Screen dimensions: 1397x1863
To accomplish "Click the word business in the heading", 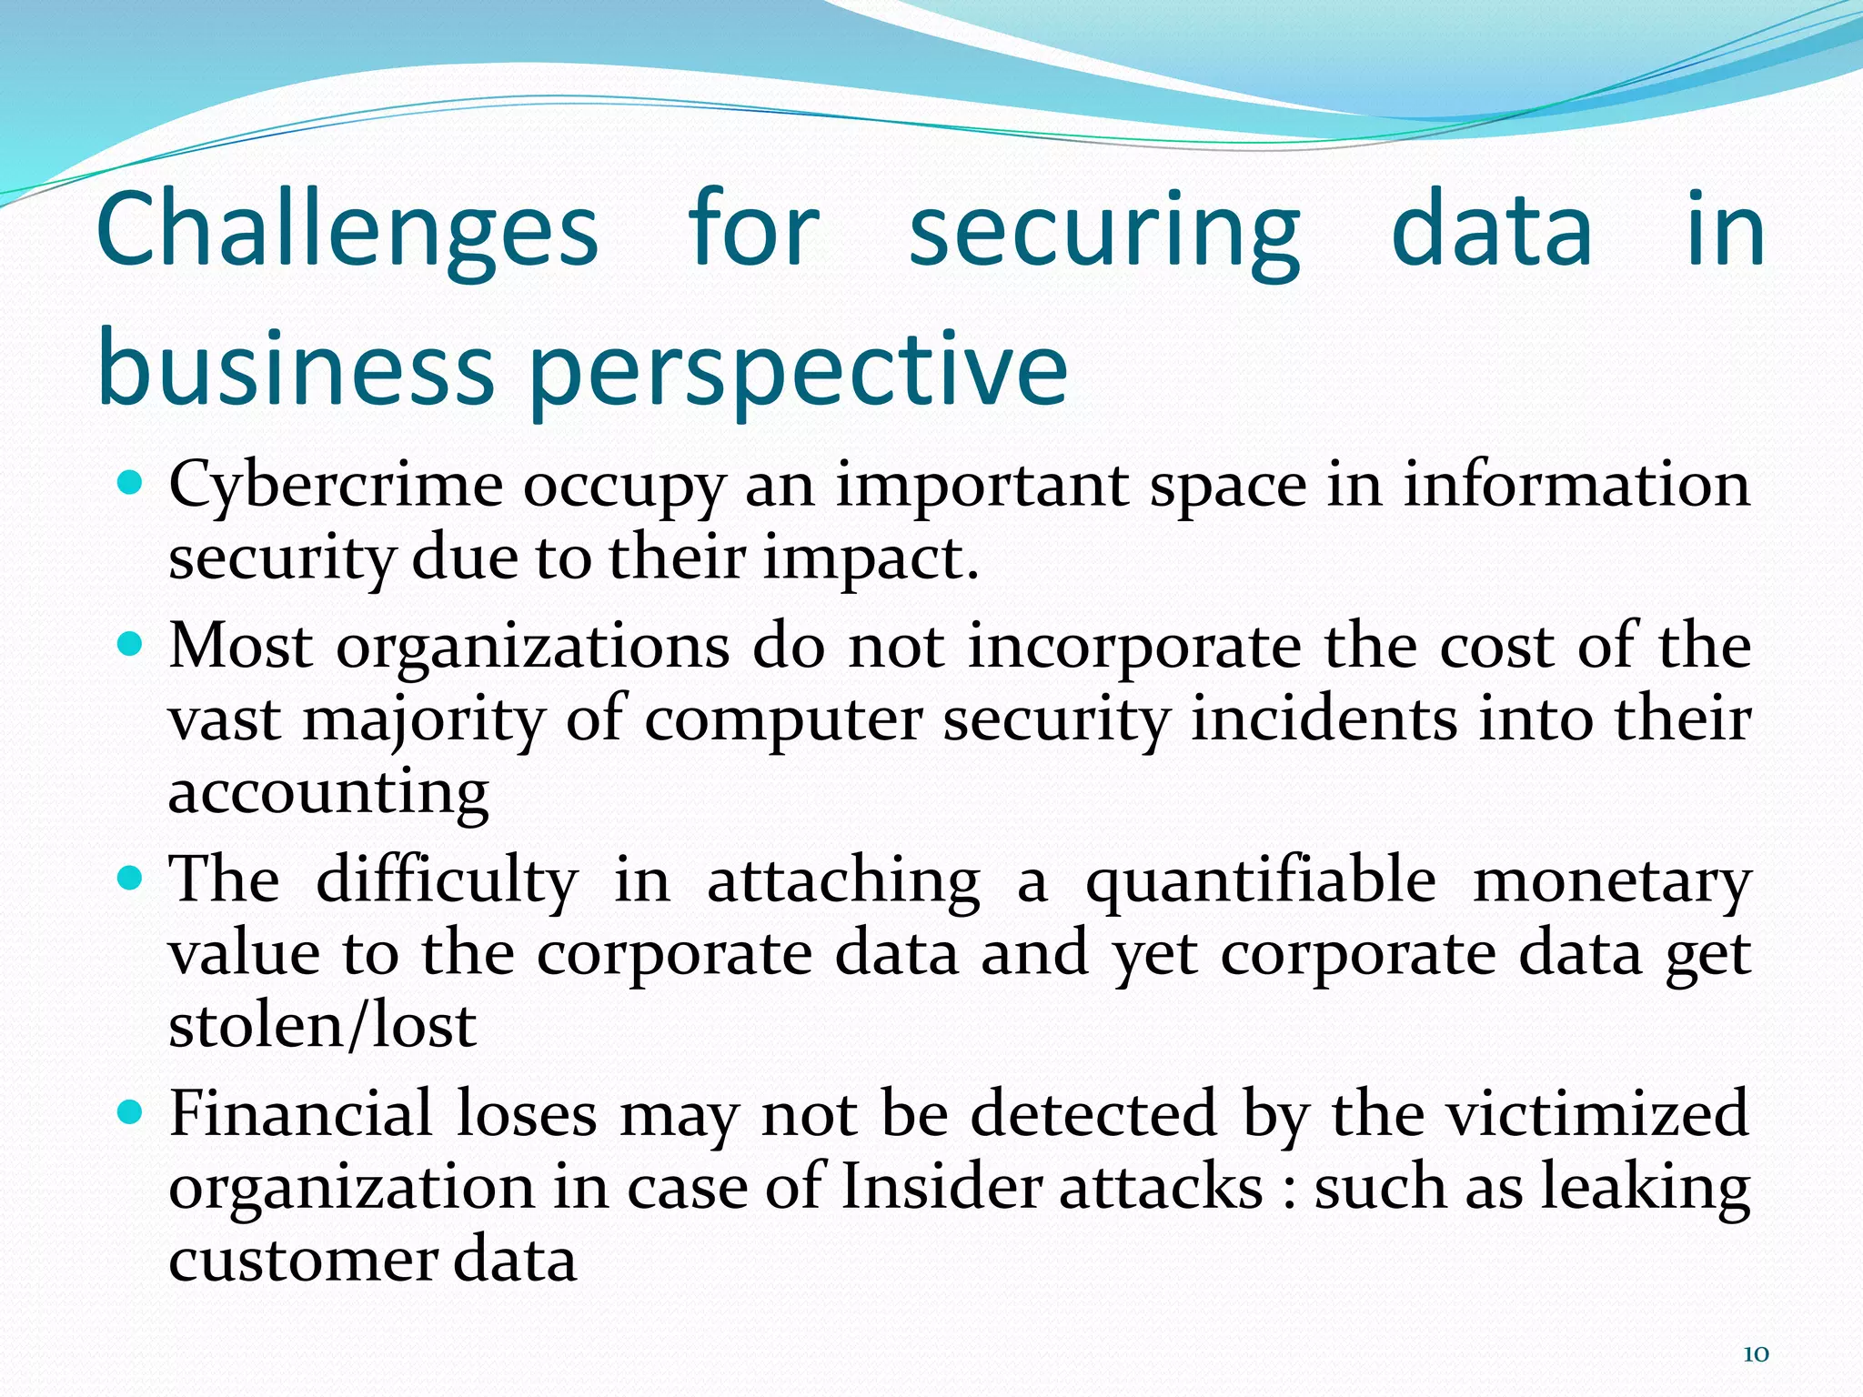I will [296, 366].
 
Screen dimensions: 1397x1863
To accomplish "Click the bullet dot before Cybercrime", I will [132, 481].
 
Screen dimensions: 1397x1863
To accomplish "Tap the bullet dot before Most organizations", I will [132, 644].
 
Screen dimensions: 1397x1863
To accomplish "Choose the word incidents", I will [1324, 719].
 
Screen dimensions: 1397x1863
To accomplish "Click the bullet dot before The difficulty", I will [132, 878].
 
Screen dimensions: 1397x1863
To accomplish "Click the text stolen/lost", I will [323, 1026].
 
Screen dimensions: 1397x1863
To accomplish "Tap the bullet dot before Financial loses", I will [132, 1111].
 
